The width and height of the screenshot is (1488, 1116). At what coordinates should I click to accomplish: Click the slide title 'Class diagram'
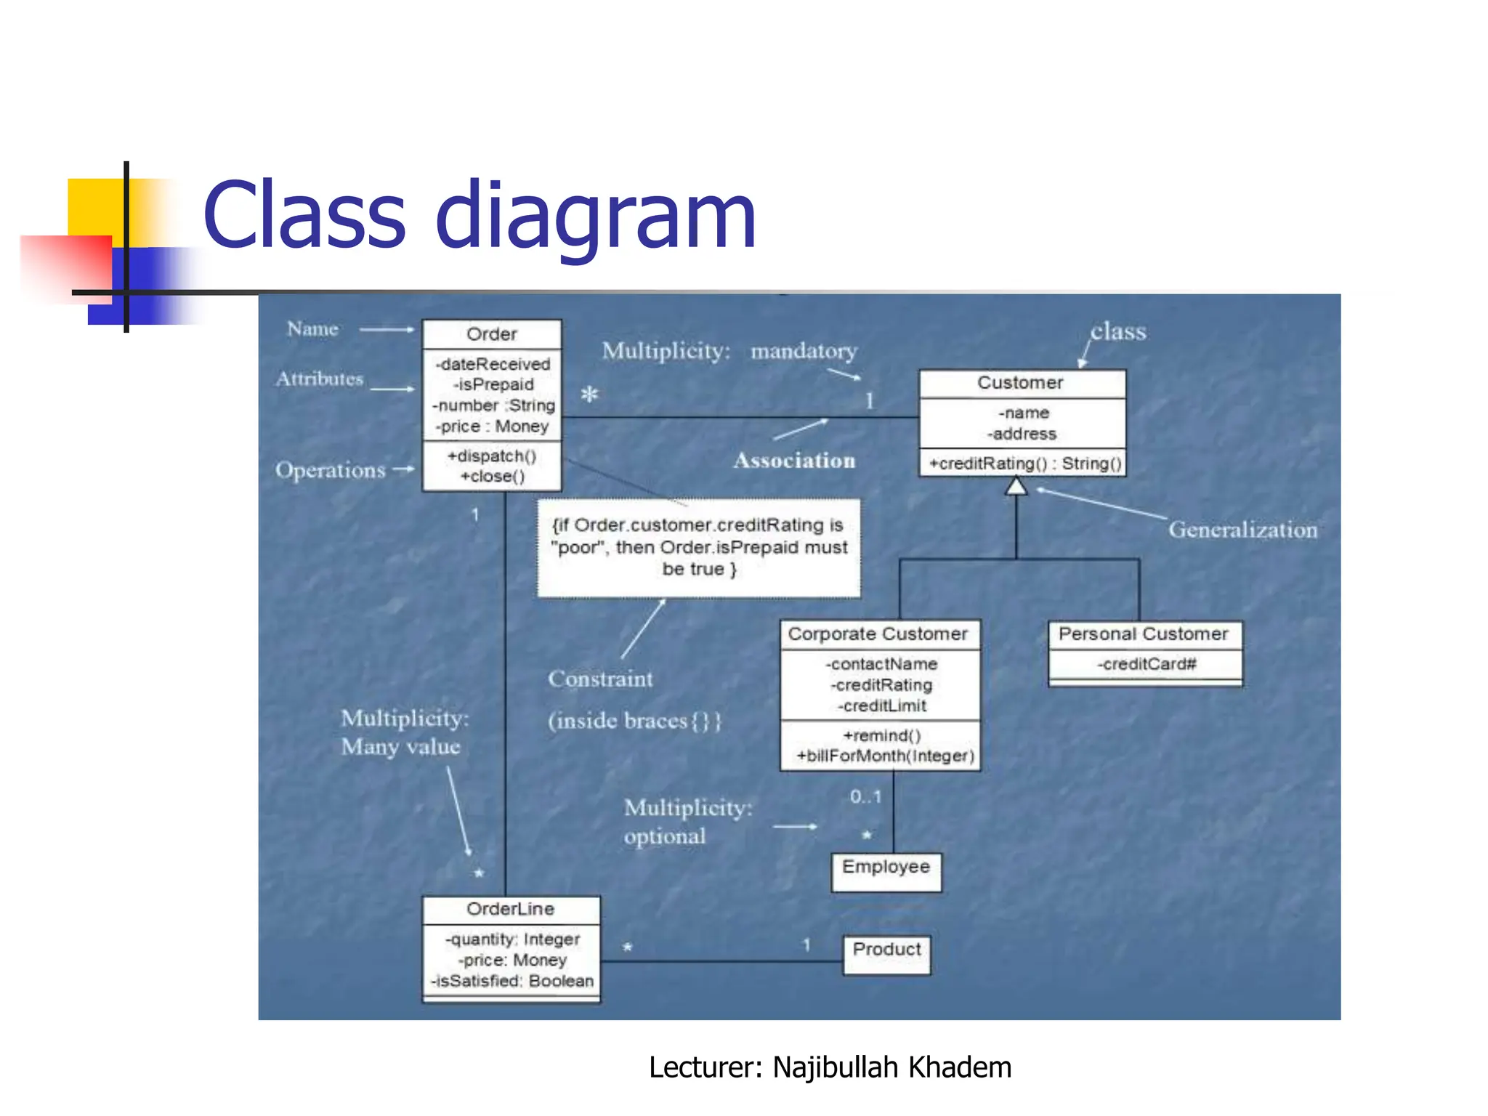(x=480, y=216)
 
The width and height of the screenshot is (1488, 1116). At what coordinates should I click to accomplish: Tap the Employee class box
(x=886, y=871)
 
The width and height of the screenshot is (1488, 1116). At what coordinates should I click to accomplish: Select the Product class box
(x=886, y=954)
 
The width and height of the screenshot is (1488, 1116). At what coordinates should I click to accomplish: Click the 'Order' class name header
(x=492, y=334)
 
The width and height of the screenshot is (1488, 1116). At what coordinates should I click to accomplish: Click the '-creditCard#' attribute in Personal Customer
(x=1146, y=664)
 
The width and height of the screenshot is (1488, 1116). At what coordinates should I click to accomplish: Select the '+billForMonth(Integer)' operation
(x=885, y=756)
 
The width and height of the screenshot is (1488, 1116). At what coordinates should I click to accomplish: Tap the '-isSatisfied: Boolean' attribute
(x=512, y=981)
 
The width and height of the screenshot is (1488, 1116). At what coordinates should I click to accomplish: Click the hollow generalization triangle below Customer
(x=1016, y=486)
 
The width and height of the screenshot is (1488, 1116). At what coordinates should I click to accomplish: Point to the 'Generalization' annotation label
(x=1242, y=530)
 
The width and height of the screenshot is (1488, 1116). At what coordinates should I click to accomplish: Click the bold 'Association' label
(x=794, y=461)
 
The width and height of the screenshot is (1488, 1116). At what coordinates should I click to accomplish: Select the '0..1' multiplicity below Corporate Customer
(x=865, y=797)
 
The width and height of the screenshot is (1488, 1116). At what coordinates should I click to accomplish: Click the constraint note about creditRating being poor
(x=698, y=547)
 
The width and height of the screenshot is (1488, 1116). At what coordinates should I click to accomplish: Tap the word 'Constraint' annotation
(x=600, y=679)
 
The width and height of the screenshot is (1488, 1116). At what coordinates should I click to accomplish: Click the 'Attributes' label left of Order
(x=320, y=379)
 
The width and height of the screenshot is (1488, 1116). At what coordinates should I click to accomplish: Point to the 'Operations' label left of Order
(x=330, y=470)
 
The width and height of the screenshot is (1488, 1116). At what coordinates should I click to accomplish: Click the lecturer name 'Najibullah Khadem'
(x=891, y=1067)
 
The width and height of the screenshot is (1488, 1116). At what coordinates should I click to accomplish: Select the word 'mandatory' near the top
(x=804, y=351)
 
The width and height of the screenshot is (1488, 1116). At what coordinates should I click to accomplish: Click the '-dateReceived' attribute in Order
(x=493, y=364)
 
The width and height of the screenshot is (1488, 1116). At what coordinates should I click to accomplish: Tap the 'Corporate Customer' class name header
(x=878, y=634)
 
